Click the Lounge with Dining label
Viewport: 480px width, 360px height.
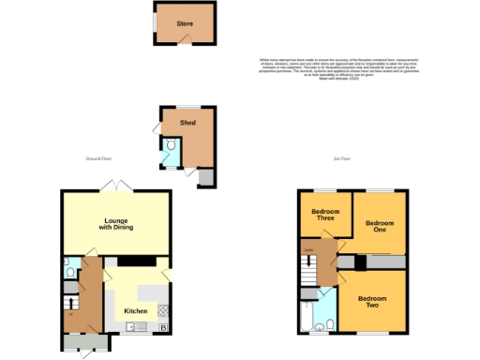116,224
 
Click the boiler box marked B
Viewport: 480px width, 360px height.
163,327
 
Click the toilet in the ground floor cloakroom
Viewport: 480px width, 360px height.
71,272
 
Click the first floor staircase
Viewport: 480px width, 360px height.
307,268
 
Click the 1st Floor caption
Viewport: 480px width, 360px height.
340,159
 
